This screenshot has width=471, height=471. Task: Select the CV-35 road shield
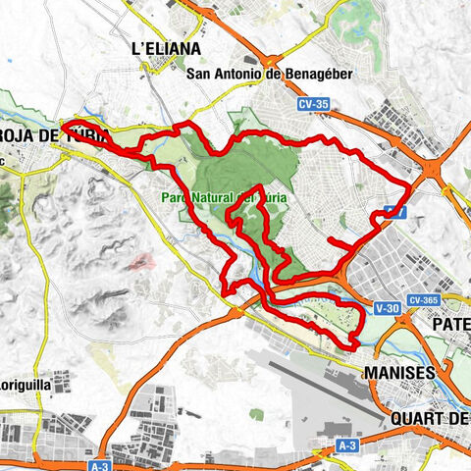point(315,101)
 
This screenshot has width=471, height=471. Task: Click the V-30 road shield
point(387,308)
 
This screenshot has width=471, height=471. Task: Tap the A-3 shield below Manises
point(346,446)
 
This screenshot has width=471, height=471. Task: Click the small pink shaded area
point(143,262)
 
